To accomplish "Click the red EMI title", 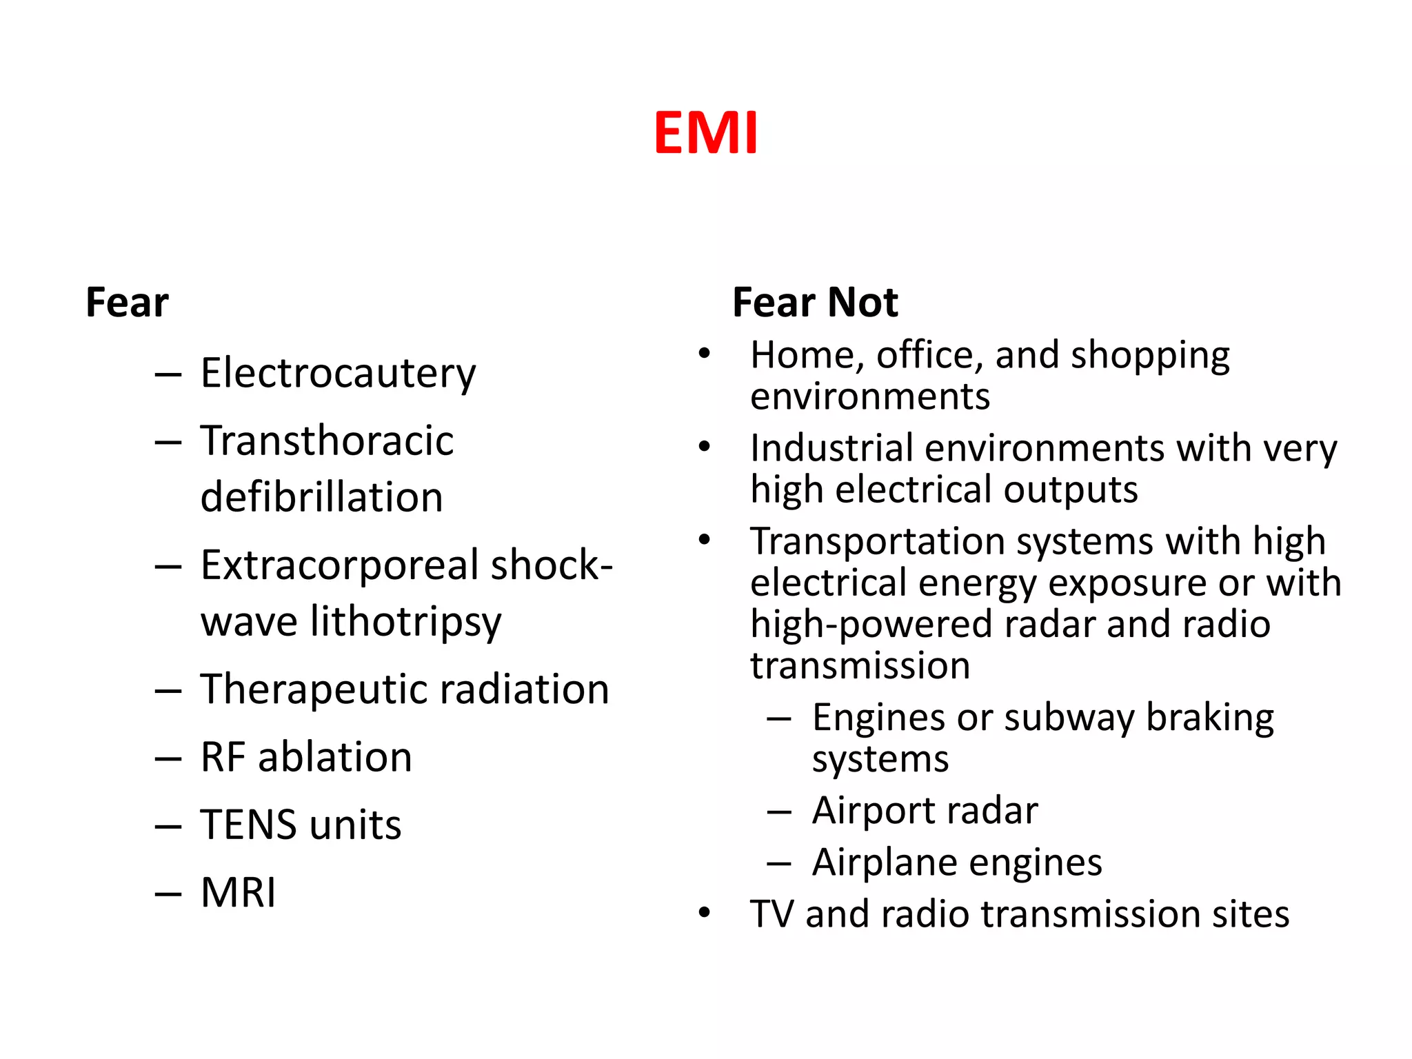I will [x=706, y=132].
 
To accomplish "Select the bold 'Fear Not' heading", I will [x=815, y=303].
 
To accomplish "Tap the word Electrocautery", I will [x=338, y=374].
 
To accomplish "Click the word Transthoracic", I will [x=327, y=441].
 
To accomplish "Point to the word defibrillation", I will [x=321, y=497].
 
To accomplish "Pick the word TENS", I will [x=249, y=825].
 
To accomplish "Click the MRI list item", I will [x=238, y=892].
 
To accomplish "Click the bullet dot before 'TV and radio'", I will [x=704, y=913].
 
